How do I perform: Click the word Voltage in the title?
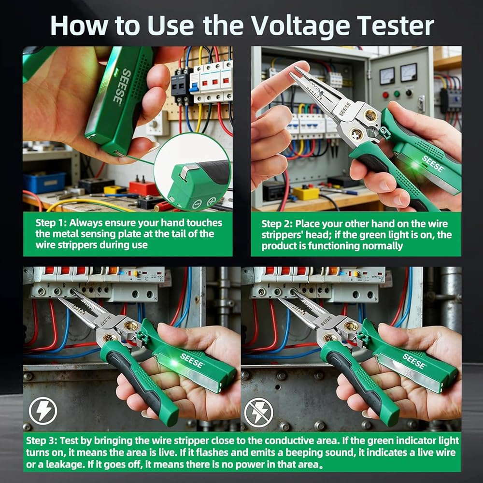300,26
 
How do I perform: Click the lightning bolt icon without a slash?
43,411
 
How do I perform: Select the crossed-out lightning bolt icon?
258,412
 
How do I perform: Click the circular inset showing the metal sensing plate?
193,172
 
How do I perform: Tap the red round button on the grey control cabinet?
385,95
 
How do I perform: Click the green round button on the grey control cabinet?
397,94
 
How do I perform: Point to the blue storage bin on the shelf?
44,183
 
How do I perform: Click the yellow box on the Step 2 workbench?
306,193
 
